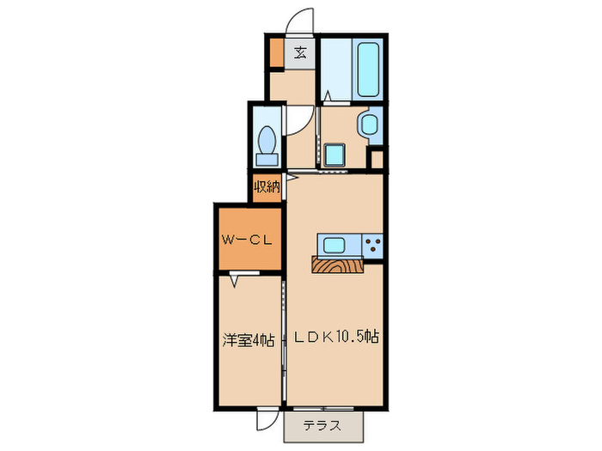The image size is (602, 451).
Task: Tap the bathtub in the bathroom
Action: [367, 70]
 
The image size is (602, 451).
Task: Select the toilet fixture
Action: [267, 140]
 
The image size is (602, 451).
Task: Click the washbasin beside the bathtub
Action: [369, 124]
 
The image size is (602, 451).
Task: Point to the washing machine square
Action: [333, 154]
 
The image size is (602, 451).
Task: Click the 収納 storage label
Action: [267, 186]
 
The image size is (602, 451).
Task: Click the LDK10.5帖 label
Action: [335, 338]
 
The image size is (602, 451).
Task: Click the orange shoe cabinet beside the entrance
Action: [275, 53]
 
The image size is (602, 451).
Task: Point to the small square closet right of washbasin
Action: [377, 158]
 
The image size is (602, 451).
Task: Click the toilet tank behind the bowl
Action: [267, 159]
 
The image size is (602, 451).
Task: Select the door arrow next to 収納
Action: [292, 178]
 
